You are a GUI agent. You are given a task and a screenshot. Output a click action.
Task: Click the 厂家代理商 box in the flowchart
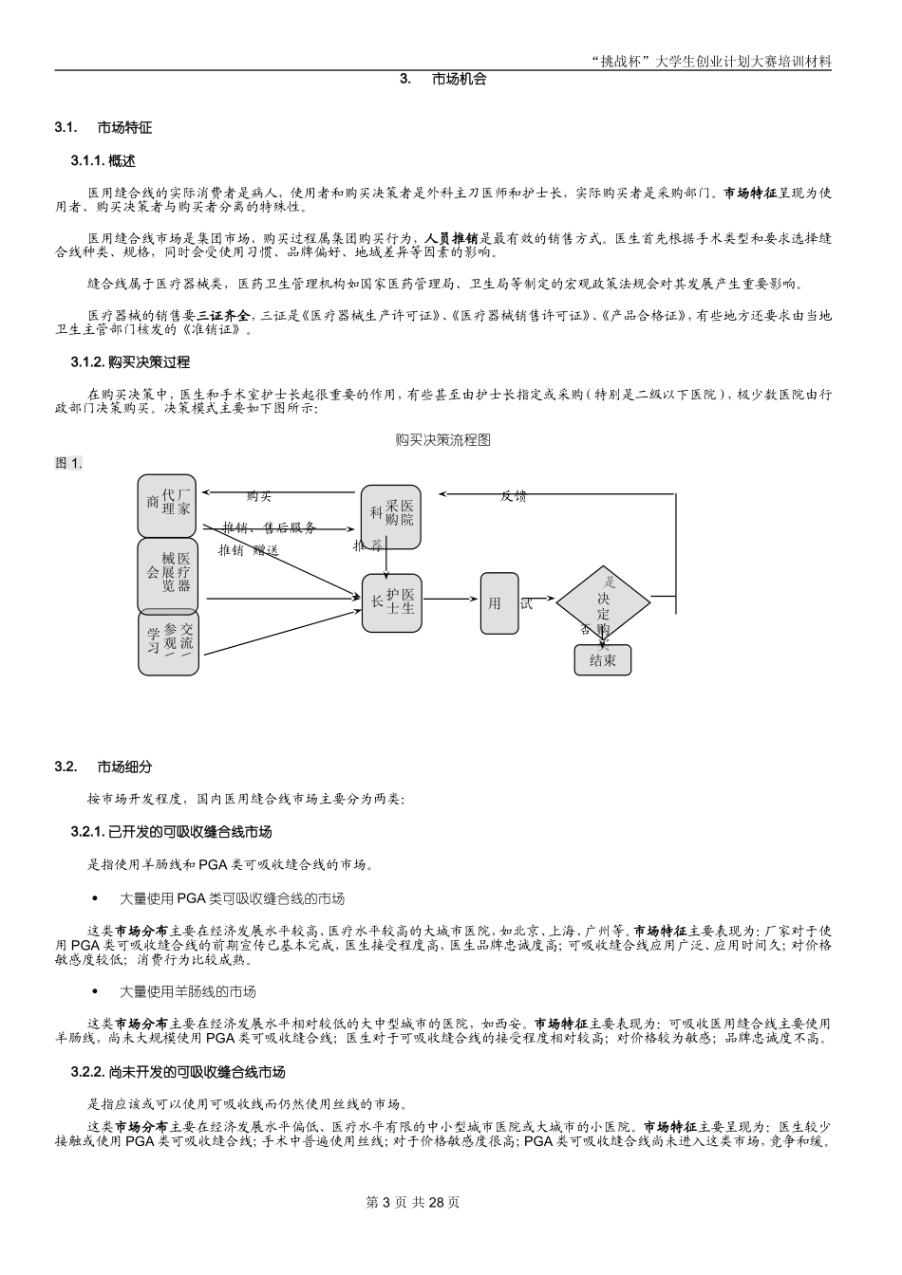(167, 506)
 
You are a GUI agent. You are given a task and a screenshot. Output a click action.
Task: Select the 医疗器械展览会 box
(167, 576)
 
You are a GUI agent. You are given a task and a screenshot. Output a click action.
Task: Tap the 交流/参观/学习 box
(168, 645)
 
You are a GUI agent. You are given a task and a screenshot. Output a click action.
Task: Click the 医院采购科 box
(390, 517)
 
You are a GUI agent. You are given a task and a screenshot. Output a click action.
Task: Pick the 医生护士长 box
(392, 603)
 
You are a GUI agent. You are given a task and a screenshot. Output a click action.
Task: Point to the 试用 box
(499, 603)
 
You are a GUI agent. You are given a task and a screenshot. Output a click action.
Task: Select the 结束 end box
(602, 660)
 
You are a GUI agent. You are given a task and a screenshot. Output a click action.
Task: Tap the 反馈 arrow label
(514, 496)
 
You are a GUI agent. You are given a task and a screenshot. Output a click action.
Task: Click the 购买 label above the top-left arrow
(259, 496)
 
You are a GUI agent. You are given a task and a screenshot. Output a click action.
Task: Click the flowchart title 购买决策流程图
(443, 440)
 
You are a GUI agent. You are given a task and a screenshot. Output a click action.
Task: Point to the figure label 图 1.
(68, 463)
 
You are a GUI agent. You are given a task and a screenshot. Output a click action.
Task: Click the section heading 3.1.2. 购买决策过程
(130, 362)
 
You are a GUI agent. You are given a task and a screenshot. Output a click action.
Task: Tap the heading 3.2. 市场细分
(103, 767)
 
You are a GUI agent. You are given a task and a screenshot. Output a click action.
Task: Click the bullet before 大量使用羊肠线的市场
(95, 991)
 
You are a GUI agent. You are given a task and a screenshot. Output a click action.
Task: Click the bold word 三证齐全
(224, 315)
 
